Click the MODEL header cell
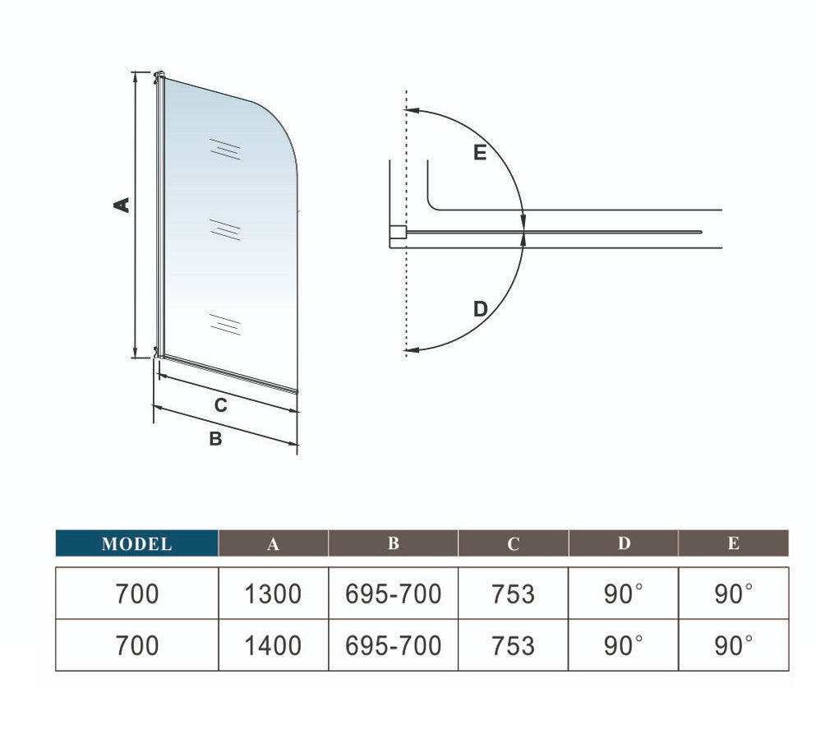[137, 543]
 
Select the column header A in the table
[273, 543]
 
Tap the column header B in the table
[394, 543]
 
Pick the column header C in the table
[513, 543]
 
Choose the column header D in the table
[624, 543]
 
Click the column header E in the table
[734, 543]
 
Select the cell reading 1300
[273, 594]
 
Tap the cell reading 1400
[273, 645]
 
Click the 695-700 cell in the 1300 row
[394, 594]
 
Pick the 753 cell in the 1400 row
[513, 645]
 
